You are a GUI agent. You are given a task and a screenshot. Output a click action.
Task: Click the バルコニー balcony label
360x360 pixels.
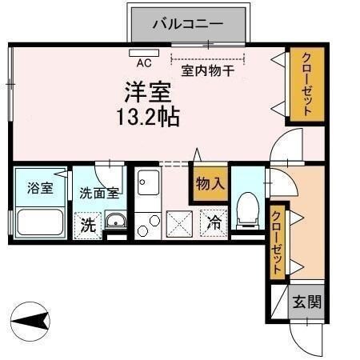click(188, 24)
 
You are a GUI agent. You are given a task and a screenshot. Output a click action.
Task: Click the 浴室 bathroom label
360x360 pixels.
click(40, 189)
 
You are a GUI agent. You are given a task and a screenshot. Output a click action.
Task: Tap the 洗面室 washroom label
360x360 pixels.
click(99, 193)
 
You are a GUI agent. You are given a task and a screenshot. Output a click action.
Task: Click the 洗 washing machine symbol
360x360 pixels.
click(88, 225)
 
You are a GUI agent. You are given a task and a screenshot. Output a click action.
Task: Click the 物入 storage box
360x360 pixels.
click(210, 184)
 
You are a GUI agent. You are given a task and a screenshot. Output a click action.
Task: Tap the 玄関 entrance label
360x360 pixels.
click(306, 302)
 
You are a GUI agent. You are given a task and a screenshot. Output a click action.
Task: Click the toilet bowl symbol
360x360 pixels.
click(248, 209)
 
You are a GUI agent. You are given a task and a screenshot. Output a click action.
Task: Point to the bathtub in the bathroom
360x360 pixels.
click(39, 221)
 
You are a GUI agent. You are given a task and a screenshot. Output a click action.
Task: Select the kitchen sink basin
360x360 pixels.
click(147, 186)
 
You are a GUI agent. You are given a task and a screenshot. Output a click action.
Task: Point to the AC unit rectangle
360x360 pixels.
click(145, 51)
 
